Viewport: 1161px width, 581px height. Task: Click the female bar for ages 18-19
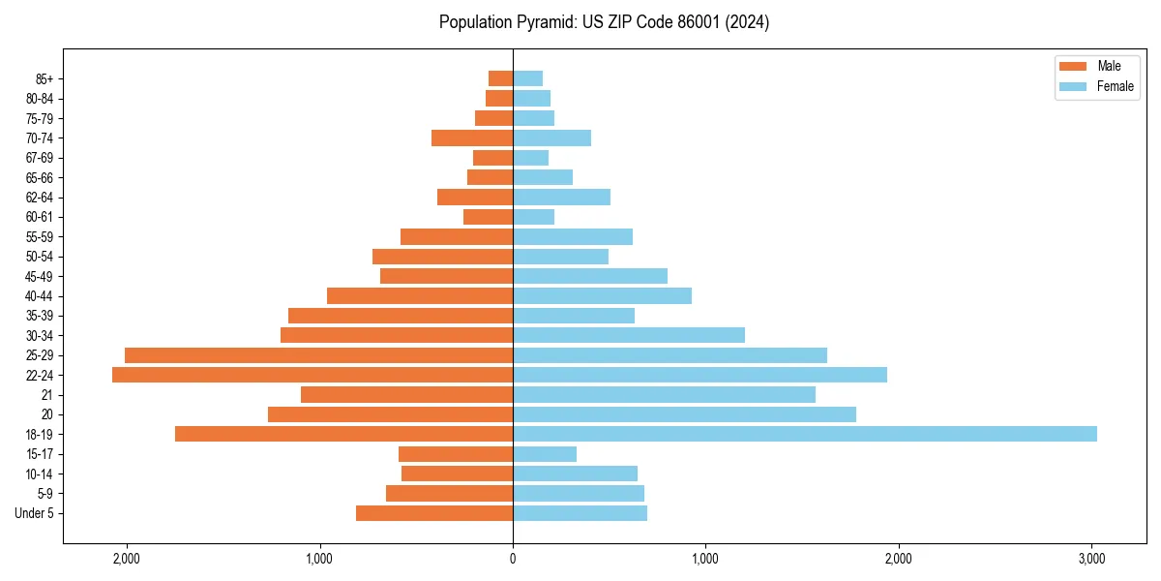click(x=804, y=434)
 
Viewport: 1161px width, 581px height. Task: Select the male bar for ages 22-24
click(x=313, y=375)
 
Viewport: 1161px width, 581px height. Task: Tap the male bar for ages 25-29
click(x=318, y=355)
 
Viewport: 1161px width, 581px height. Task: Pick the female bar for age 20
click(x=684, y=414)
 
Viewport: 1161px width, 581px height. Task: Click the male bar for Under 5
click(x=434, y=513)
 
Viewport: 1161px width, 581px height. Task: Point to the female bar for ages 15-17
click(x=545, y=454)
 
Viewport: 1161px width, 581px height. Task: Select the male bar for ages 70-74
click(x=472, y=138)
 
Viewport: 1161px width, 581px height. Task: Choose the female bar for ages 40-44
click(x=602, y=296)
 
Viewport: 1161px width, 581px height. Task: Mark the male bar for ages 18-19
click(x=343, y=434)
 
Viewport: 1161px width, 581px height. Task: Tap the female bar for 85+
click(x=527, y=78)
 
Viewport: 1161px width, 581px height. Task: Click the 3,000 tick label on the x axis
click(x=1091, y=559)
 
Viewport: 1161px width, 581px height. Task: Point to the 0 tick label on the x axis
click(x=513, y=559)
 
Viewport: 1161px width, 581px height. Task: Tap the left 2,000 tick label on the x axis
click(x=127, y=559)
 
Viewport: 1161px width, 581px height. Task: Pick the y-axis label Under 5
click(x=35, y=513)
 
